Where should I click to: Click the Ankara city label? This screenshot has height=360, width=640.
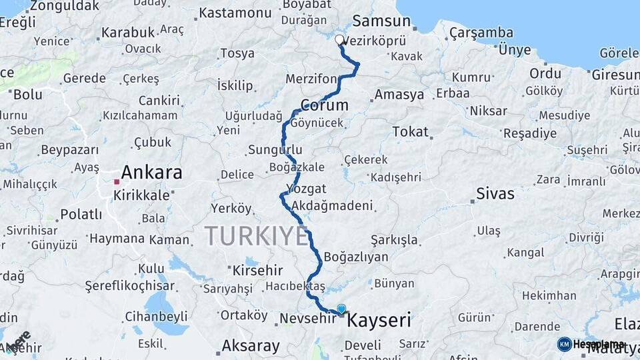pyautogui.click(x=151, y=173)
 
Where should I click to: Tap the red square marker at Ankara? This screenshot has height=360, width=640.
pyautogui.click(x=117, y=181)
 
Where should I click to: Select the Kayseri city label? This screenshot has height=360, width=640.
pyautogui.click(x=379, y=321)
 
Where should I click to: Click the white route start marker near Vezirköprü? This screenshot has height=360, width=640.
pyautogui.click(x=339, y=39)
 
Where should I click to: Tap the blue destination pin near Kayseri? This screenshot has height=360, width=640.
pyautogui.click(x=341, y=309)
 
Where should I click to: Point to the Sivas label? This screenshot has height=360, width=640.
pyautogui.click(x=495, y=194)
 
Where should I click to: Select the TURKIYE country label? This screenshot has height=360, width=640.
pyautogui.click(x=256, y=236)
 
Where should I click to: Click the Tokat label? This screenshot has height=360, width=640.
pyautogui.click(x=410, y=131)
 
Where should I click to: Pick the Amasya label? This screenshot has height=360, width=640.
pyautogui.click(x=399, y=95)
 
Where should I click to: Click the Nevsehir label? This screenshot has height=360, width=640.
pyautogui.click(x=305, y=318)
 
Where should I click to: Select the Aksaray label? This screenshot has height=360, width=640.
pyautogui.click(x=250, y=345)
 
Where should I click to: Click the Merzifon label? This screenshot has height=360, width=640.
pyautogui.click(x=311, y=79)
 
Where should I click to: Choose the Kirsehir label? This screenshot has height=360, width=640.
pyautogui.click(x=257, y=271)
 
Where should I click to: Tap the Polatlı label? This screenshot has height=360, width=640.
pyautogui.click(x=81, y=214)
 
